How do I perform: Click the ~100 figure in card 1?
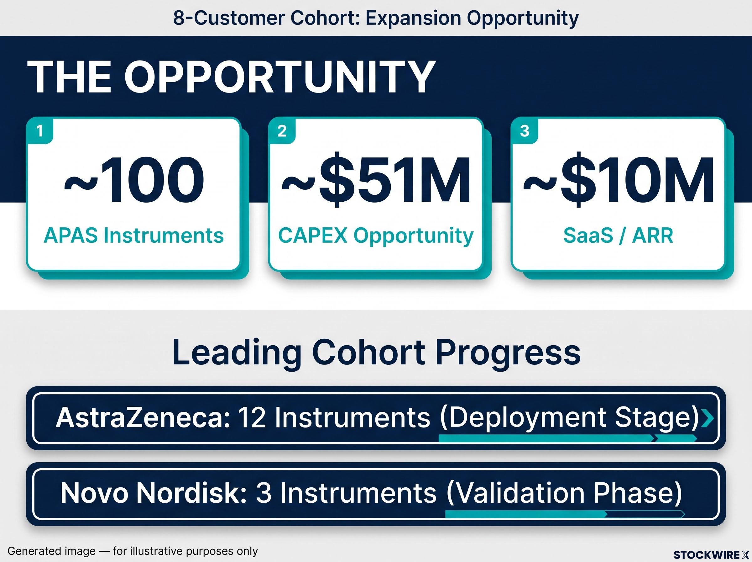(x=134, y=180)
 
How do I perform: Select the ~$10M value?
(x=619, y=181)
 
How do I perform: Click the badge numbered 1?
(x=40, y=131)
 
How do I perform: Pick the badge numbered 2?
(x=282, y=131)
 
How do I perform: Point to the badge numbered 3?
(x=525, y=131)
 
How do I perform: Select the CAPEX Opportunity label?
(x=376, y=236)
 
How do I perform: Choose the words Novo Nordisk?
(x=154, y=493)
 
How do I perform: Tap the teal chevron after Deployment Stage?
(x=707, y=418)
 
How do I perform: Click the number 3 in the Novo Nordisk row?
(x=264, y=493)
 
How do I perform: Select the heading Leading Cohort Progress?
(x=376, y=353)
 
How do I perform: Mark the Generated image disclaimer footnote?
(x=133, y=551)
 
